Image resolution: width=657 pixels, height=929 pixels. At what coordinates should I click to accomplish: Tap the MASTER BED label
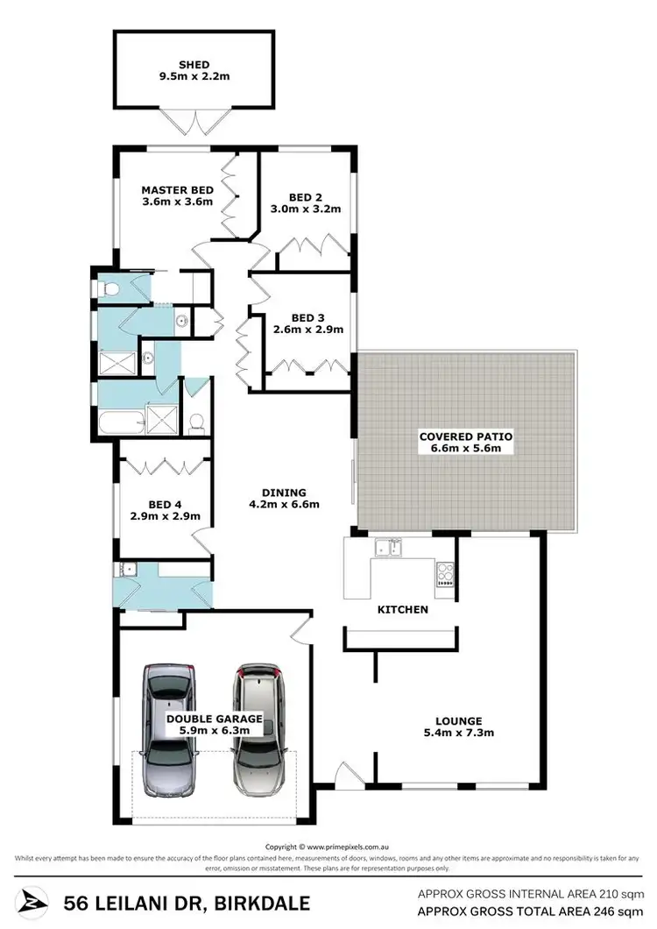coord(177,189)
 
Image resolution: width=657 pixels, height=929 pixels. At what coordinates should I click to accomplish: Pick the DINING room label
coord(283,492)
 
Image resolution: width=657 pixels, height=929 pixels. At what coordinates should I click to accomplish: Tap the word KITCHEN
coord(402,609)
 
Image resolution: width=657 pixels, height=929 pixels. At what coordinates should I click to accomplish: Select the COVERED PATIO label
coord(465,436)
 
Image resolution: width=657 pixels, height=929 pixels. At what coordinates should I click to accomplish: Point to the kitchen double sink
coord(389,550)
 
